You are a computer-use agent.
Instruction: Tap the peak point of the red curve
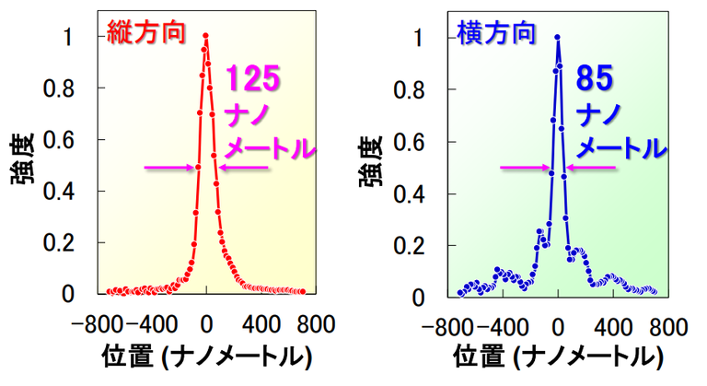[205, 37]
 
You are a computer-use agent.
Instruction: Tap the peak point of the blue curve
[558, 38]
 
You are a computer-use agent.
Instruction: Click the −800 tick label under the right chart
[444, 327]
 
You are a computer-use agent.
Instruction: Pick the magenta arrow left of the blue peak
[524, 167]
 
